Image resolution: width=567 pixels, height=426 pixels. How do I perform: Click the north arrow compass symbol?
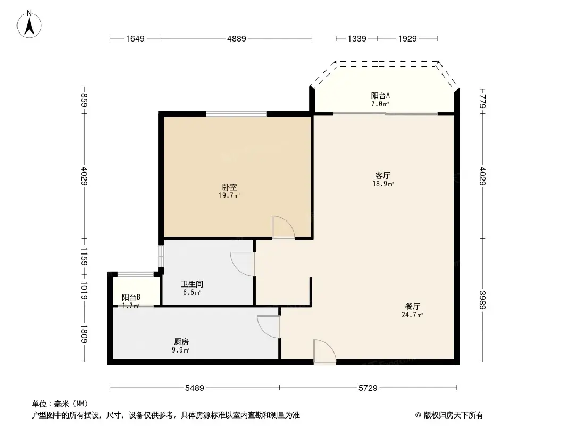[30, 24]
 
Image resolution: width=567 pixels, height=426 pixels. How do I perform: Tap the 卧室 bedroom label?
[230, 187]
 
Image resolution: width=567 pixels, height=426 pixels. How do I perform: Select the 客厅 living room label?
[383, 175]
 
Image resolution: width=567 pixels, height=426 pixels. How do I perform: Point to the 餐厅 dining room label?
[412, 307]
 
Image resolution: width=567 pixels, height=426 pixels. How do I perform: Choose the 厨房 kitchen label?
[181, 342]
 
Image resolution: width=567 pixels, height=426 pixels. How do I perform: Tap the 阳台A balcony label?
[380, 95]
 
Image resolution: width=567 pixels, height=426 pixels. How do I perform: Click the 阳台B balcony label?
[131, 298]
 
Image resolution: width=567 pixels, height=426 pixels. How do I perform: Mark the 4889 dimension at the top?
[237, 38]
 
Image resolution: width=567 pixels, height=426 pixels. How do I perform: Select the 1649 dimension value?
[135, 38]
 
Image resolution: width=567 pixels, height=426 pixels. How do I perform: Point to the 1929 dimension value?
[407, 38]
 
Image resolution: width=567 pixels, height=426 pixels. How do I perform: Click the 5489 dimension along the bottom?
[195, 388]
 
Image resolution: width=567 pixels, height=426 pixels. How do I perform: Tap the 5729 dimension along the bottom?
[368, 388]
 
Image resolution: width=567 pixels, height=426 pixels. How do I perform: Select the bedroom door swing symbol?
[282, 227]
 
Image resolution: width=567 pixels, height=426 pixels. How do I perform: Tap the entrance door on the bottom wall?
[324, 352]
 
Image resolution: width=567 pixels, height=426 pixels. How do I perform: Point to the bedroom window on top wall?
[237, 113]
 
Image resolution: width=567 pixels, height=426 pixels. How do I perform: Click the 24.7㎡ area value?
[412, 315]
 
